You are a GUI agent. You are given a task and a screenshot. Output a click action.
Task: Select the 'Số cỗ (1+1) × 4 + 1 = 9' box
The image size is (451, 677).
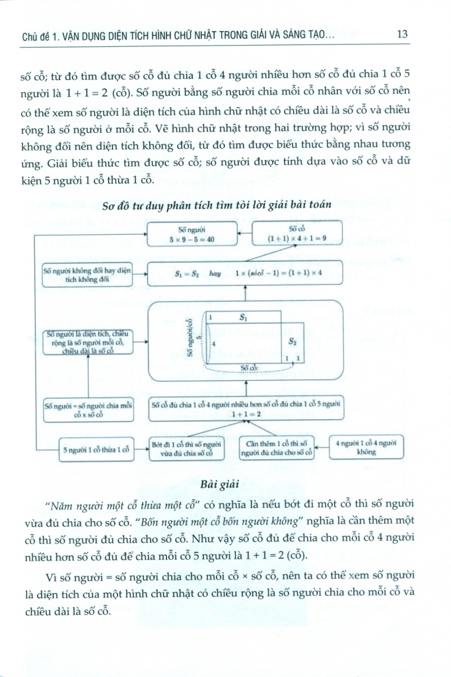[292, 234]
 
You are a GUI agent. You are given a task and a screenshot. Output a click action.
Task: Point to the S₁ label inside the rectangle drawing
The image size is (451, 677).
[242, 318]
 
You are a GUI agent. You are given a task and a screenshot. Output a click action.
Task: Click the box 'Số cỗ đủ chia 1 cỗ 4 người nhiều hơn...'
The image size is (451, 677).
[246, 408]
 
